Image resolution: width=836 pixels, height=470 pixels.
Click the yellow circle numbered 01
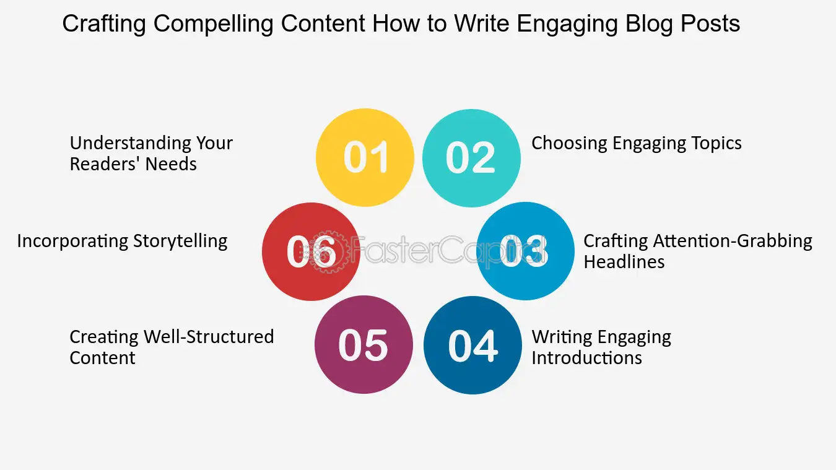pyautogui.click(x=365, y=157)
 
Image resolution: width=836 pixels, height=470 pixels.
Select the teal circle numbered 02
pyautogui.click(x=471, y=158)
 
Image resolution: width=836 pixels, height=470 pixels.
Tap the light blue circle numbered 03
pyautogui.click(x=526, y=251)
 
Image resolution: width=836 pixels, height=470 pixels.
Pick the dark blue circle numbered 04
pyautogui.click(x=472, y=345)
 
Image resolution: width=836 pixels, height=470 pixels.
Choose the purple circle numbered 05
pyautogui.click(x=364, y=344)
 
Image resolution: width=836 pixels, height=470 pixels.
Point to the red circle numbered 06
pyautogui.click(x=311, y=251)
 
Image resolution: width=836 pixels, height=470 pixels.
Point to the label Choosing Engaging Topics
pyautogui.click(x=637, y=143)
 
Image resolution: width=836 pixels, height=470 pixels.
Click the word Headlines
pyautogui.click(x=624, y=261)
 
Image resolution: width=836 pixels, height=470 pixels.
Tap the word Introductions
pyautogui.click(x=586, y=358)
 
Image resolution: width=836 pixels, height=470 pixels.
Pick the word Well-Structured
pyautogui.click(x=209, y=337)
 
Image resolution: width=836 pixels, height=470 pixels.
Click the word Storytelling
pyautogui.click(x=180, y=241)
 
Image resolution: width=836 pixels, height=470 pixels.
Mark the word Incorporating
pyautogui.click(x=73, y=241)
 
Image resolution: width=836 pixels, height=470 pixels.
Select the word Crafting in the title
pyautogui.click(x=104, y=24)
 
